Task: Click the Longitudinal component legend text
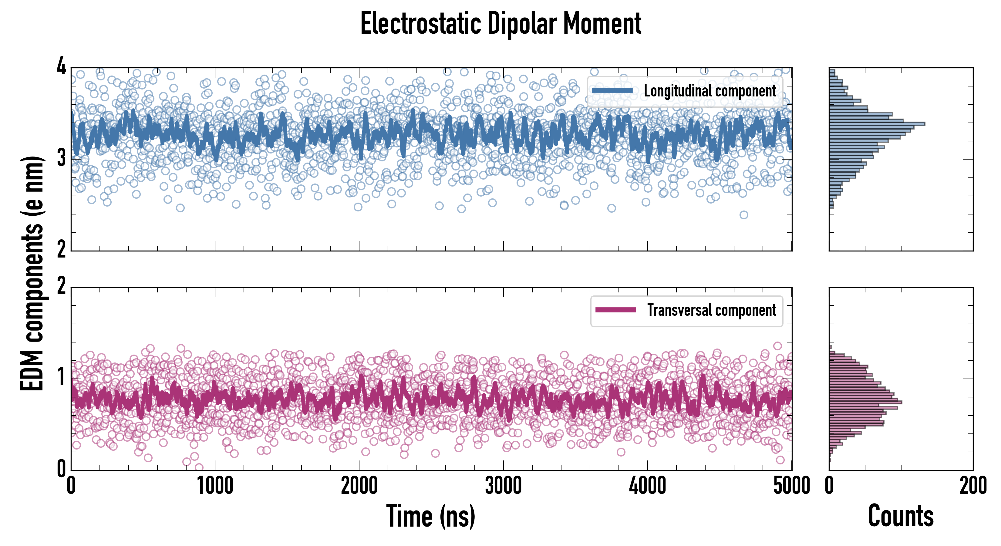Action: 709,91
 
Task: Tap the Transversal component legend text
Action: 711,310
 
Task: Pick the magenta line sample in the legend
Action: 615,310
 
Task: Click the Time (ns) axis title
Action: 430,516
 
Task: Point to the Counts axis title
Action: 901,516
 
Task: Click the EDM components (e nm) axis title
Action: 32,274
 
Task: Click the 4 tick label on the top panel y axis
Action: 61,67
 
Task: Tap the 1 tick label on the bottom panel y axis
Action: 61,378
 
